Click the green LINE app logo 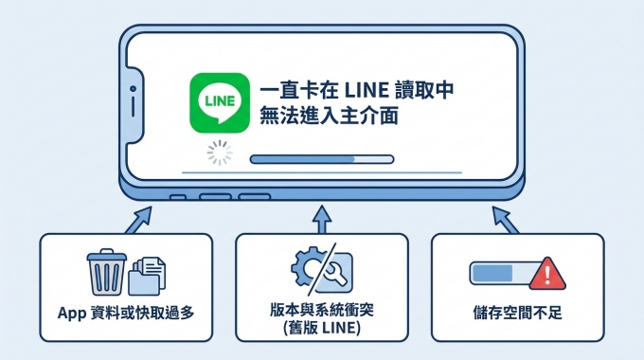(220, 103)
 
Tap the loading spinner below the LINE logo (220, 155)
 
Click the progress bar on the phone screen (321, 159)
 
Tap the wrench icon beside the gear (339, 273)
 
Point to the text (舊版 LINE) (322, 327)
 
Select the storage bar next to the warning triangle (499, 274)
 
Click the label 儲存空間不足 (517, 312)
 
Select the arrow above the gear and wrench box (322, 218)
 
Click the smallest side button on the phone (177, 197)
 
